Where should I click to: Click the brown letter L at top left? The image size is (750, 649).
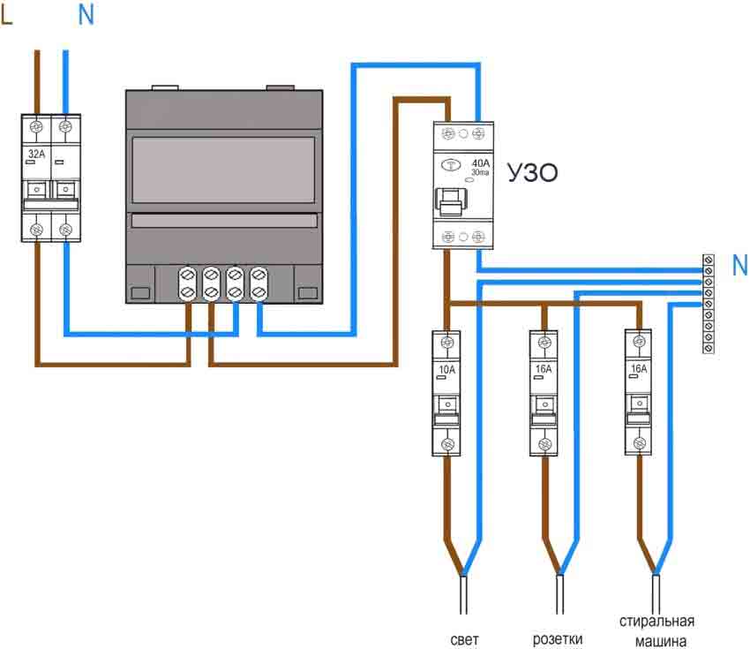[x=7, y=15]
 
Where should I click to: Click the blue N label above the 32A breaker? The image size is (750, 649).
[x=86, y=15]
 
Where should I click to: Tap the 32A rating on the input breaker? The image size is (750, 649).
[x=36, y=155]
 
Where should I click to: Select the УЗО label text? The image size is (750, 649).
[x=532, y=173]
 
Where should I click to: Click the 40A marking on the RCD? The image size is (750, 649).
[x=481, y=163]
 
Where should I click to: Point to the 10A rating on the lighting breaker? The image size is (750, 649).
[x=446, y=369]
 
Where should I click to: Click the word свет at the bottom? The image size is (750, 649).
[x=464, y=640]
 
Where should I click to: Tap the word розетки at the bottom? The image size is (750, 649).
[x=558, y=639]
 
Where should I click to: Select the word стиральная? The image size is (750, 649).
[x=656, y=622]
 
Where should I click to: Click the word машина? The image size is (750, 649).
[x=661, y=641]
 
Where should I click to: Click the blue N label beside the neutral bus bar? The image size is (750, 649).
[x=740, y=265]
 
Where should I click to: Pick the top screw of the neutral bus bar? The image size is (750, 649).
[x=709, y=260]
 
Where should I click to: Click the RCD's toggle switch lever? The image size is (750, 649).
[x=451, y=201]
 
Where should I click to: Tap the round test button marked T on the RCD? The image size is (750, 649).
[x=450, y=165]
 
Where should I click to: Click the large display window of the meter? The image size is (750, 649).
[x=223, y=170]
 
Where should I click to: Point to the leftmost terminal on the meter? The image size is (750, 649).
[x=187, y=283]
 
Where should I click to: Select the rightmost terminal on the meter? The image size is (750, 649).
[x=259, y=283]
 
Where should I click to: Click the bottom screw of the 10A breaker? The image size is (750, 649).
[x=447, y=443]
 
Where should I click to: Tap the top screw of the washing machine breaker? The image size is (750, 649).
[x=639, y=342]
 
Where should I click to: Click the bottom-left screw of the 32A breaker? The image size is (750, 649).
[x=36, y=230]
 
